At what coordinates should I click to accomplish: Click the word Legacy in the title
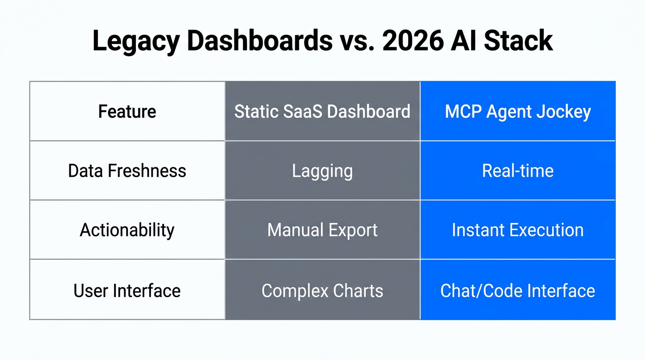tap(136, 41)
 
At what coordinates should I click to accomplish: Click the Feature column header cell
tap(127, 112)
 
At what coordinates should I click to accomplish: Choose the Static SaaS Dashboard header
tap(322, 112)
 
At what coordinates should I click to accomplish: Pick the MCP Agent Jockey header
tap(517, 112)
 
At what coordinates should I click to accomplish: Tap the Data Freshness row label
tap(127, 171)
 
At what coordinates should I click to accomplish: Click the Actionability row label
tap(127, 230)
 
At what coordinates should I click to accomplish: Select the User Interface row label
tap(127, 291)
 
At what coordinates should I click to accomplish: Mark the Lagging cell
tap(322, 171)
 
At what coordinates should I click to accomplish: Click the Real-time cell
tap(517, 171)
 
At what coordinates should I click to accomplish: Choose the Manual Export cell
tap(322, 230)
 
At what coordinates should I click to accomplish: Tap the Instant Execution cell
tap(517, 230)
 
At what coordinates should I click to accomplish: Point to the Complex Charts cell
tap(322, 291)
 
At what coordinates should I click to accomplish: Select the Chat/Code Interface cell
tap(517, 291)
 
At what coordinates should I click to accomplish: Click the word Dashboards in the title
tap(260, 41)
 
